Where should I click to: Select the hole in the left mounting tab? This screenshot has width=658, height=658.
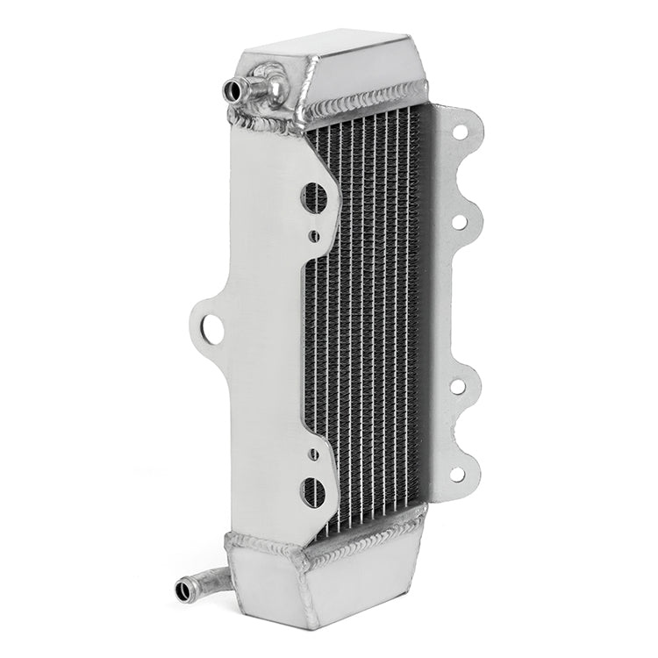209,329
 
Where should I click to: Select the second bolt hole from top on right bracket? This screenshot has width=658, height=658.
458,220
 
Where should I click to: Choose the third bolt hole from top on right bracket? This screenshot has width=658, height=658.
457,386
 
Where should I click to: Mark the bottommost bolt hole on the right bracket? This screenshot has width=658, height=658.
457,475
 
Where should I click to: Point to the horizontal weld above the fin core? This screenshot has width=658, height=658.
368,97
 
